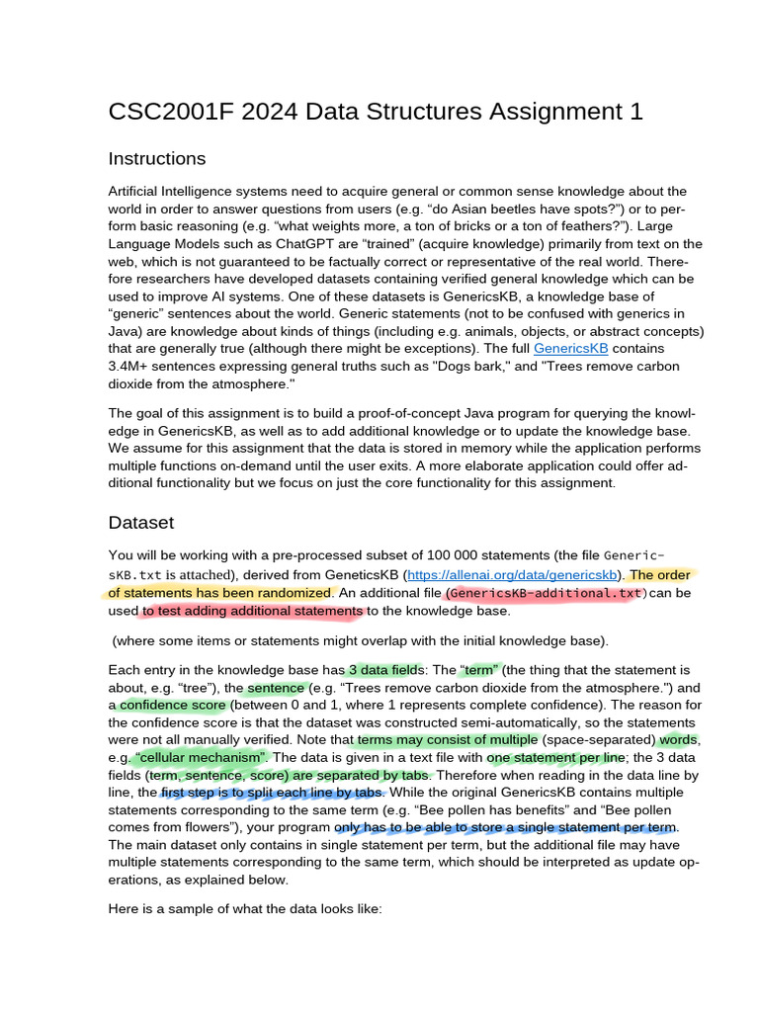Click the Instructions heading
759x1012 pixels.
tap(157, 159)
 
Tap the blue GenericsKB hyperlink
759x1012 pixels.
tap(570, 349)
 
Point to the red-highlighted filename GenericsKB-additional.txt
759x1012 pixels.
tap(546, 593)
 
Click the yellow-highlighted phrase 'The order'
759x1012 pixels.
tap(661, 574)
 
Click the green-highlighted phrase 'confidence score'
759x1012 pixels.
tap(174, 706)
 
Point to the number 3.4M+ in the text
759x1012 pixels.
tap(132, 367)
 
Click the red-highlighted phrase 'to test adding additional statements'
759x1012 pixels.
tap(252, 611)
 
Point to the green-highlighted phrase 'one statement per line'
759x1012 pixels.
tap(556, 757)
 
